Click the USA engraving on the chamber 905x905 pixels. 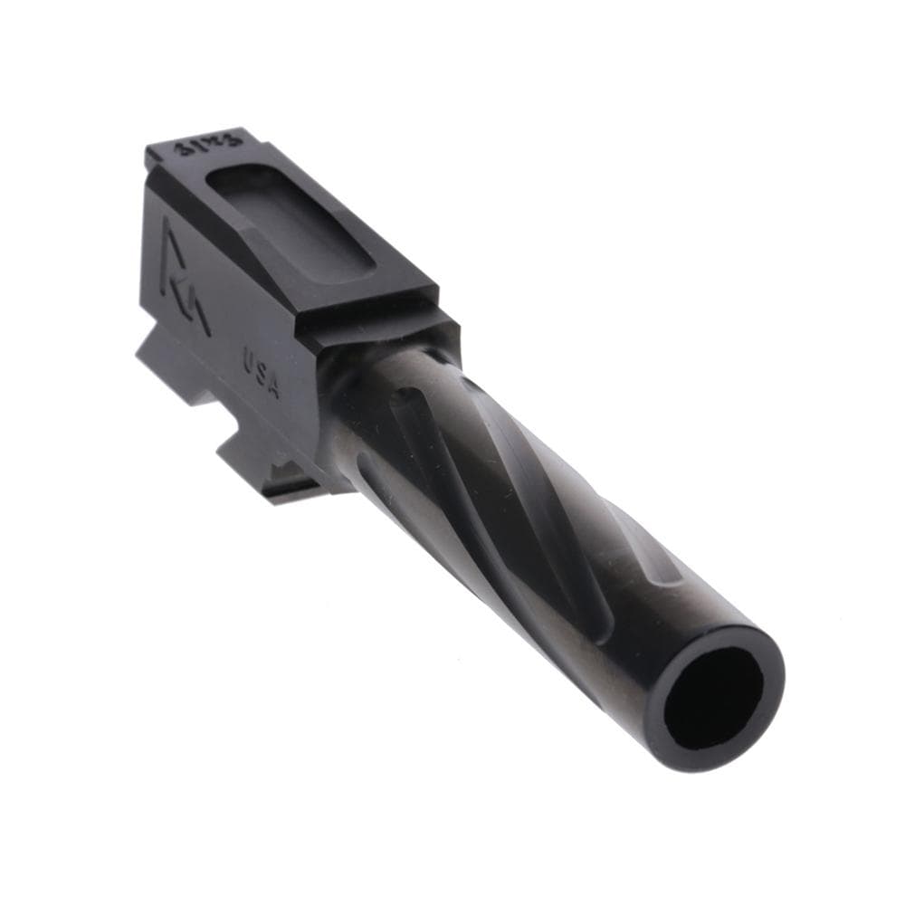(262, 374)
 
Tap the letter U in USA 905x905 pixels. (249, 360)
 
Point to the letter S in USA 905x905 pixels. (261, 373)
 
